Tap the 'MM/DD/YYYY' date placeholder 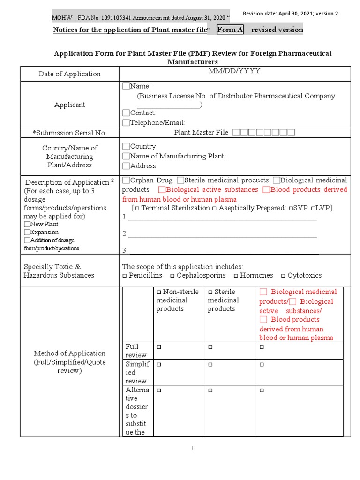tap(234, 71)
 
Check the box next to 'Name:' tap(126, 86)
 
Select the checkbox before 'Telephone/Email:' tap(126, 123)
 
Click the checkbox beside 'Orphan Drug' tap(126, 180)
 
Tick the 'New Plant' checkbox tap(27, 225)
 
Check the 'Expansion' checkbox tap(27, 232)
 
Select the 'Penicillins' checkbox tap(125, 276)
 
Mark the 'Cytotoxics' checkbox tap(283, 276)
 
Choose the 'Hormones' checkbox tap(236, 276)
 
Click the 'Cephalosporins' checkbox tap(172, 276)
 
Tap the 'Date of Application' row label tap(69, 74)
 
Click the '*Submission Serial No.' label tap(69, 133)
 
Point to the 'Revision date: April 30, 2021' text tap(290, 14)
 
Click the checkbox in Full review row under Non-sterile tap(159, 347)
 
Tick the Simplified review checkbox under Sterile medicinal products tap(210, 364)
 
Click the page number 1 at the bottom tap(192, 449)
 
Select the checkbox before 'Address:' tap(126, 166)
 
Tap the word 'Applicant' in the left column tap(69, 105)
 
